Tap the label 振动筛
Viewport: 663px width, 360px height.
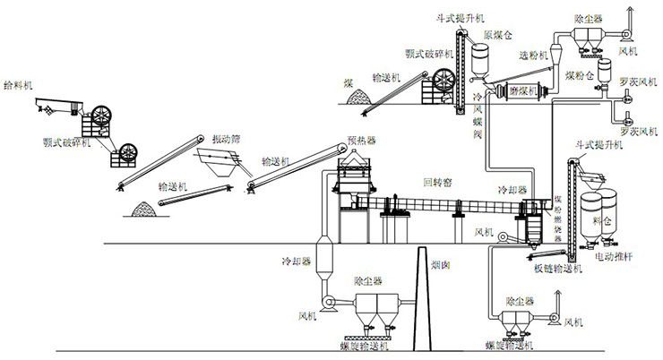point(228,139)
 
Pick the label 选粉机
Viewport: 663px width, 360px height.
point(534,55)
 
